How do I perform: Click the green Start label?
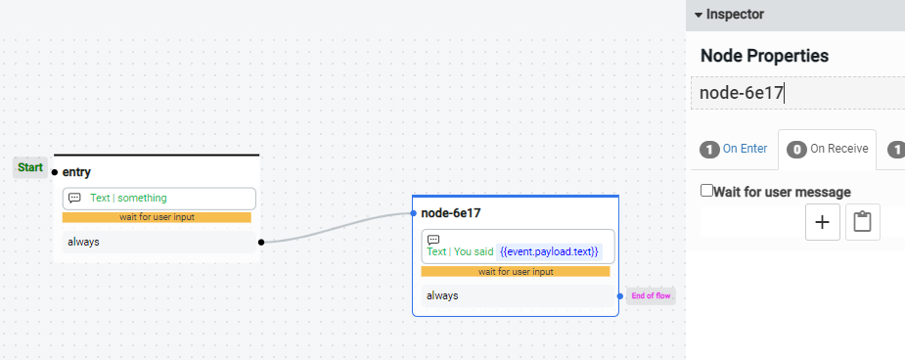click(30, 167)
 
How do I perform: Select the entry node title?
click(76, 172)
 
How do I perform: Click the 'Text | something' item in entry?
click(128, 198)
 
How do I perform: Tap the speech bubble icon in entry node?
click(74, 198)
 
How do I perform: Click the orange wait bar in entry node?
click(157, 217)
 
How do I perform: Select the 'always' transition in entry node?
click(83, 242)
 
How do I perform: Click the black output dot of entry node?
click(260, 242)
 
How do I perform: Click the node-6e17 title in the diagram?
click(451, 212)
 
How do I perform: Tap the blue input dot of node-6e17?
click(414, 212)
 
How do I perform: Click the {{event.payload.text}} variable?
click(549, 251)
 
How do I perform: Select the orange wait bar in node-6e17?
click(516, 271)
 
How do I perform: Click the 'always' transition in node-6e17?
click(442, 295)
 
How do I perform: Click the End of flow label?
click(651, 295)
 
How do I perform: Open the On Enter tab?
click(734, 149)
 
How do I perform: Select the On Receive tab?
click(828, 149)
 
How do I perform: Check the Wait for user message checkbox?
click(707, 191)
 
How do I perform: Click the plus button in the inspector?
click(822, 222)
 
